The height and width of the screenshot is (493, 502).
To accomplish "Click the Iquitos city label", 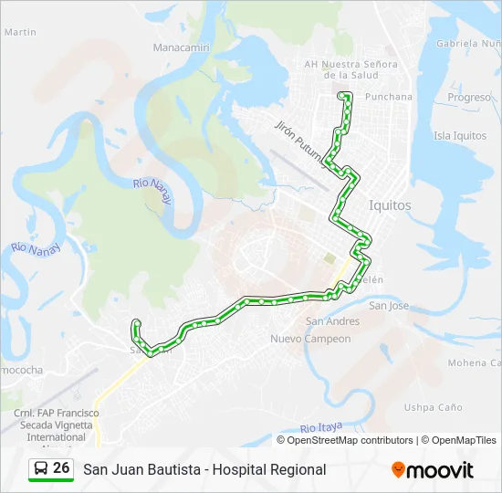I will (390, 205).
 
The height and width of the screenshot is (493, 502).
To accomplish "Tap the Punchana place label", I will (388, 97).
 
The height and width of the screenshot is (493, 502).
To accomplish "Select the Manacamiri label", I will (182, 47).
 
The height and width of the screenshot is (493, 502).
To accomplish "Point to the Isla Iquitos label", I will (459, 136).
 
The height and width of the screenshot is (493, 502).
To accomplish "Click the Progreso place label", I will (469, 98).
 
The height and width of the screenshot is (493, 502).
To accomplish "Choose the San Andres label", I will (332, 321).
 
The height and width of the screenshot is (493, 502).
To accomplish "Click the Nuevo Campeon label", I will (310, 340).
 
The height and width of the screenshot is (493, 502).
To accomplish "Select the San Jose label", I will (388, 306).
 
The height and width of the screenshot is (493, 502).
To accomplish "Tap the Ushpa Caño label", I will (433, 407).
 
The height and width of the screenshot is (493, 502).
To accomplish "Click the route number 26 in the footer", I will (61, 468).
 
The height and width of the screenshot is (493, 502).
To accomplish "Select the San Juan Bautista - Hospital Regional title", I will (204, 469).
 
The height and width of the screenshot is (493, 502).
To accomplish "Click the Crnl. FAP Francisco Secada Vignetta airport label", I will (56, 425).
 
